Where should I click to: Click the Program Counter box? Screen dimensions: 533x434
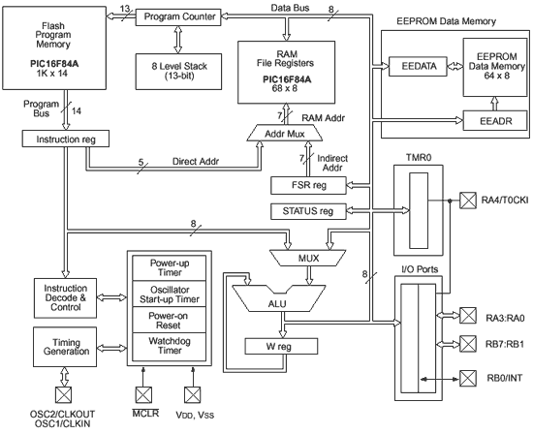(178, 17)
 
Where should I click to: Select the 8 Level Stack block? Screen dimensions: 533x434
(179, 72)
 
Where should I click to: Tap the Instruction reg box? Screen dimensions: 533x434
(66, 139)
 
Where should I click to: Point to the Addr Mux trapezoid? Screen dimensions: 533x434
(285, 133)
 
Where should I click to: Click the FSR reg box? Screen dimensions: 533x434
(308, 185)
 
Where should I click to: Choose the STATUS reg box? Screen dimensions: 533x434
(308, 211)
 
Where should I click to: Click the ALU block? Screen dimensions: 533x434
(279, 298)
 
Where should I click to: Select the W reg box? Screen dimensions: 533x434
(281, 346)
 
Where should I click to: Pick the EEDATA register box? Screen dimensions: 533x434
(418, 66)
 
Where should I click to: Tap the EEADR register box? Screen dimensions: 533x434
(496, 121)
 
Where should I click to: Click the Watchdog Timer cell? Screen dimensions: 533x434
(170, 347)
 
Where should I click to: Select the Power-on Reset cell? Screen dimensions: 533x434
(170, 320)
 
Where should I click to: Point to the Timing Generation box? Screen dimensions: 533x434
(65, 347)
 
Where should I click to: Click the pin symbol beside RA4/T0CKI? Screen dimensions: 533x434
(468, 201)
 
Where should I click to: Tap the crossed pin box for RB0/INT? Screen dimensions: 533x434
(468, 378)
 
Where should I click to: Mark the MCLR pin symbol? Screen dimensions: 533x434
(143, 395)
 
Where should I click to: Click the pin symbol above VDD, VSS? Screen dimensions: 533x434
(193, 395)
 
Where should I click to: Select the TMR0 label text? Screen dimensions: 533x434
(418, 158)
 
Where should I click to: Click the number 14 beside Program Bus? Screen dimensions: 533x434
(77, 111)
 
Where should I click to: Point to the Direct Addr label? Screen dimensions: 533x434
(196, 161)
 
